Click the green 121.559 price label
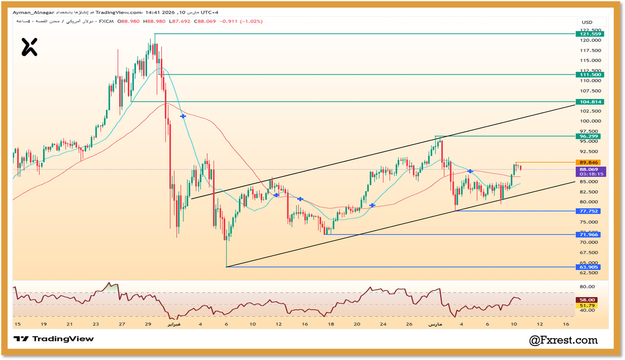click(x=590, y=34)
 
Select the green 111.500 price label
click(x=590, y=75)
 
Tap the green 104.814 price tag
click(x=590, y=102)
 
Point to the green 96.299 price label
click(x=589, y=136)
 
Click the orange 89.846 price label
click(x=589, y=163)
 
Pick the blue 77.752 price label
click(x=589, y=211)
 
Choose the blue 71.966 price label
click(x=589, y=235)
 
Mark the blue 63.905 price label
click(x=589, y=267)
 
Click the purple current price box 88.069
click(x=591, y=172)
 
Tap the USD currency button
click(x=587, y=22)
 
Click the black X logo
click(x=29, y=47)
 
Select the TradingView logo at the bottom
click(x=54, y=339)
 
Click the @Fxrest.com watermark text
click(x=563, y=340)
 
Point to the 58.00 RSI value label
click(x=587, y=300)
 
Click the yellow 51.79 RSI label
click(x=587, y=306)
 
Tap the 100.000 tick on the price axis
click(x=590, y=121)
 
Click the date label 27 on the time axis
click(x=122, y=324)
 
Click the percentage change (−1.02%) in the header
click(x=251, y=21)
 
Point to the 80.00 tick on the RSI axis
click(x=587, y=287)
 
